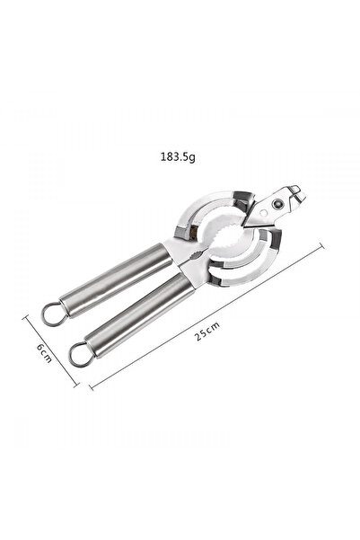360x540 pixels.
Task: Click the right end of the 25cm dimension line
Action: click(320, 249)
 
